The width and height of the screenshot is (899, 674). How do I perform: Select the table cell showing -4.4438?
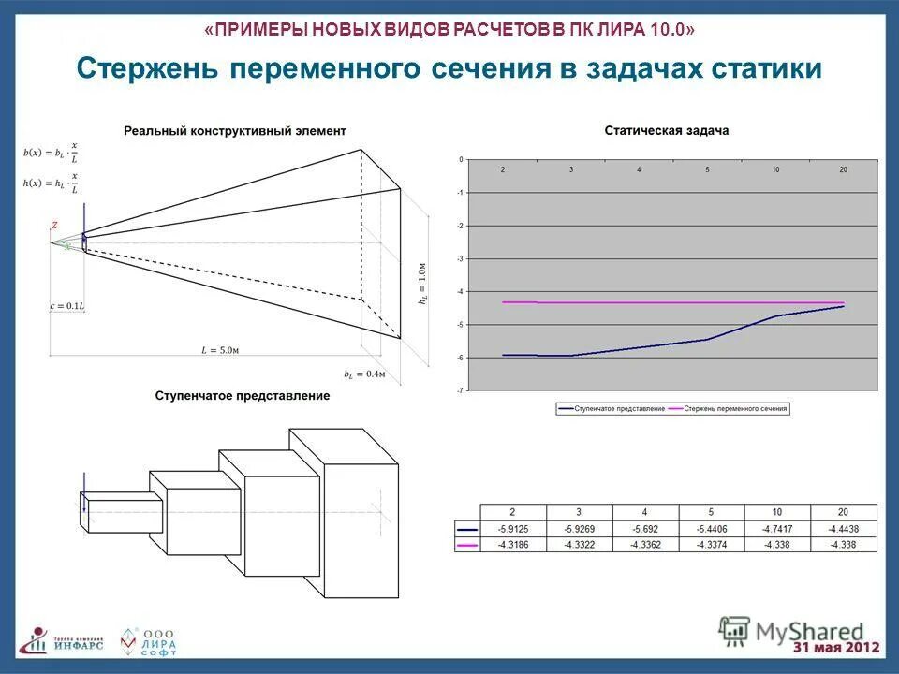[845, 530]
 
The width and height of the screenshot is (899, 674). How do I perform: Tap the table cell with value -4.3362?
[645, 544]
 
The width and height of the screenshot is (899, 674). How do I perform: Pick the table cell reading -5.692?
[645, 530]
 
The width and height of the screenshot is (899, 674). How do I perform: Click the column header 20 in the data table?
[845, 512]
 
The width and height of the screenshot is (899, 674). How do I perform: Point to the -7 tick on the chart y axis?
[460, 389]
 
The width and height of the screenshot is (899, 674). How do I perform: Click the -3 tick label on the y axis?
[460, 258]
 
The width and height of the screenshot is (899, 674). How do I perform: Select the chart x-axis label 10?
[775, 169]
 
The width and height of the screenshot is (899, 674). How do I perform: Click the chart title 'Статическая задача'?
[666, 131]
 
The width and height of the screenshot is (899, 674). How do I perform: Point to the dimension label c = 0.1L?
[67, 306]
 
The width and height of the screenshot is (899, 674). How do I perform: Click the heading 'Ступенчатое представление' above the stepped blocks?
[242, 396]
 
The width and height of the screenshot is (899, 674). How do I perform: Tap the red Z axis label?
[54, 226]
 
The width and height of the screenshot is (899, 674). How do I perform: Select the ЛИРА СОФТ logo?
[148, 640]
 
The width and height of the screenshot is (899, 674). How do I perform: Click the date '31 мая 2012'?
[836, 648]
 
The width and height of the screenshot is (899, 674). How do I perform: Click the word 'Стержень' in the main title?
[144, 68]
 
